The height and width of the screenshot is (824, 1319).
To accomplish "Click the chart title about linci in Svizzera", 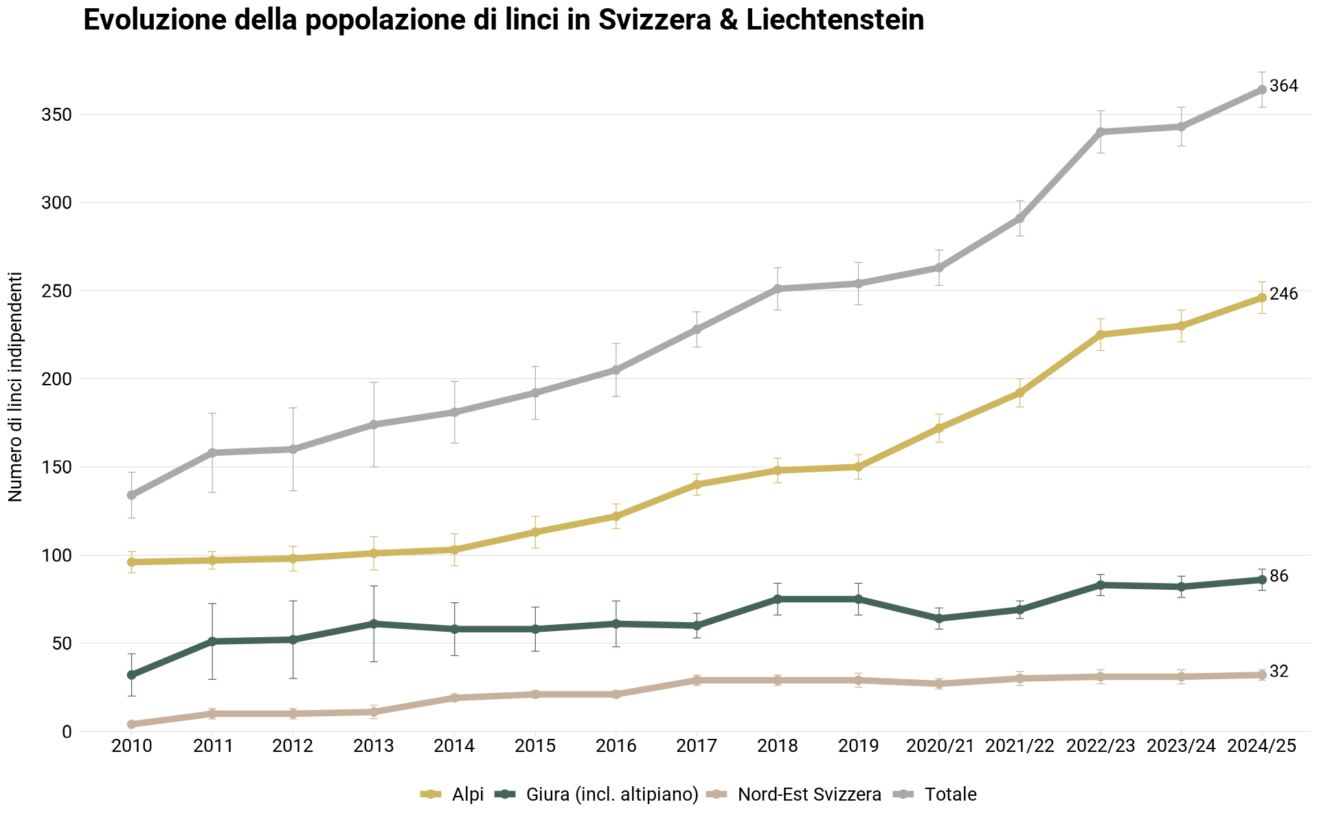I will [x=503, y=21].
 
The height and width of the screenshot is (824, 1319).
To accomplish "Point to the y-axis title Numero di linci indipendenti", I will [x=16, y=387].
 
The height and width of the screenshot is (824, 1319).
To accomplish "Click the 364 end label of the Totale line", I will [x=1283, y=87].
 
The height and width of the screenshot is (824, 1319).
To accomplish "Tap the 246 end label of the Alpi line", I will [x=1283, y=295].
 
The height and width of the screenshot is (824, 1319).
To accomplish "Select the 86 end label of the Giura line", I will [x=1278, y=577].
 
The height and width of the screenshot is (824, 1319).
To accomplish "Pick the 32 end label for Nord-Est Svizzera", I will [x=1278, y=672].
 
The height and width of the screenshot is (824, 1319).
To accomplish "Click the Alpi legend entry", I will [x=453, y=794].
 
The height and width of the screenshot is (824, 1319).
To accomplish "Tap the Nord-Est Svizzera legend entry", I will [x=797, y=794].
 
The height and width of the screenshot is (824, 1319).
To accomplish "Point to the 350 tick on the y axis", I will [x=57, y=115].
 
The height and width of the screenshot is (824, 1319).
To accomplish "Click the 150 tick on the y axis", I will [x=57, y=468].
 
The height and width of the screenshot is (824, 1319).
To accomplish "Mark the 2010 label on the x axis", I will [x=131, y=746].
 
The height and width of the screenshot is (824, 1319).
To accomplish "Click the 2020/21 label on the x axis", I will [x=940, y=746].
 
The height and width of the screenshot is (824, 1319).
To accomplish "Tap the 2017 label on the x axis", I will [x=697, y=746].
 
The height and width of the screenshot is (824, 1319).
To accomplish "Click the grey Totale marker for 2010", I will [x=131, y=495].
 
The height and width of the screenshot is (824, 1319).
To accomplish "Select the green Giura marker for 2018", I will [x=778, y=599].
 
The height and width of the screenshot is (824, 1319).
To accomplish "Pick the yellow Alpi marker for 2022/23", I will [x=1101, y=334].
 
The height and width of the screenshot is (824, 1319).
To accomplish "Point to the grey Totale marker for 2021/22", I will [x=1020, y=218].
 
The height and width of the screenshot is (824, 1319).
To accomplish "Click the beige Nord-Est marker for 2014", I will [x=455, y=698].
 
